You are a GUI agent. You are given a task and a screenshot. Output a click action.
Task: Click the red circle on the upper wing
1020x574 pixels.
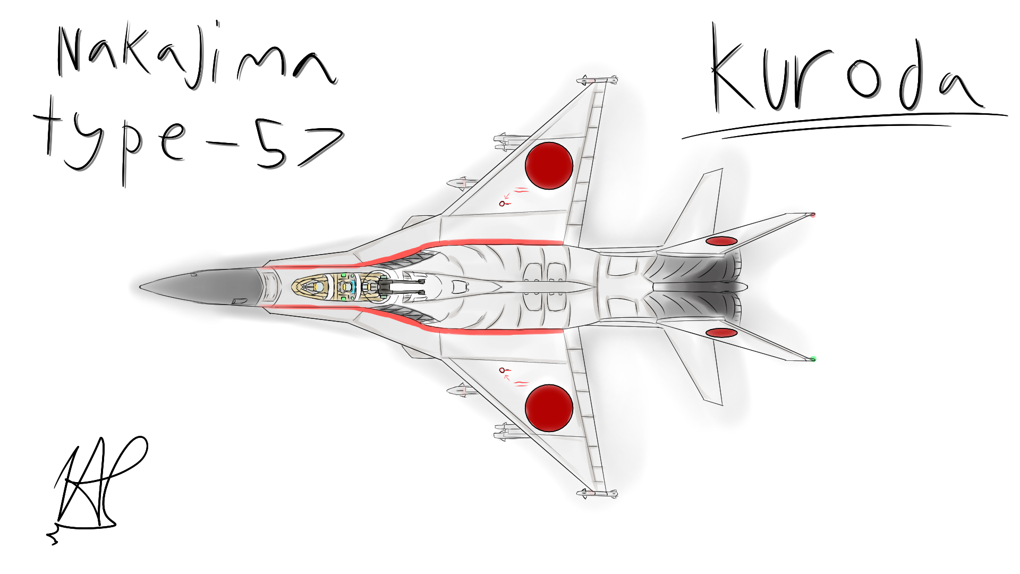coord(549,165)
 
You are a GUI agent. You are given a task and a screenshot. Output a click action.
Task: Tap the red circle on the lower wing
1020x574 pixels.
coord(549,408)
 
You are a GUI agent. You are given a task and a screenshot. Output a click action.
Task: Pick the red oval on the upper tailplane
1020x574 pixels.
coord(721,241)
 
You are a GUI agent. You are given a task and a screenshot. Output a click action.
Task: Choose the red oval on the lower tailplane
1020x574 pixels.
coord(721,333)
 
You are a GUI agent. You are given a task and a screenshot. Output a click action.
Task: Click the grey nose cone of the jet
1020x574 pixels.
coord(202,287)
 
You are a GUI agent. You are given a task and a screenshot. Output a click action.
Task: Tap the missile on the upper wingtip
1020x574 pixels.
coord(597,81)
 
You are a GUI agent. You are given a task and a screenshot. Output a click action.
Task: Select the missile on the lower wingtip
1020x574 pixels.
coord(597,494)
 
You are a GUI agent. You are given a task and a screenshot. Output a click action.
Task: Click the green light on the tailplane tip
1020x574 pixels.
coord(813,359)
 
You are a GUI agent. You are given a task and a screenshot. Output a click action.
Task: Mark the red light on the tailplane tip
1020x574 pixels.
coord(813,215)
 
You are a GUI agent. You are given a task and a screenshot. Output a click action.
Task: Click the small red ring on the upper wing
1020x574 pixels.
coord(502,204)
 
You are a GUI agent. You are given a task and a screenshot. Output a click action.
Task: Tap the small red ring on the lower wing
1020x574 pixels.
coord(502,370)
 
